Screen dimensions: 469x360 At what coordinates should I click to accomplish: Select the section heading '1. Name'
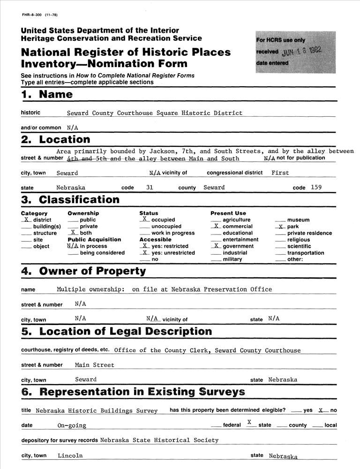[47, 94]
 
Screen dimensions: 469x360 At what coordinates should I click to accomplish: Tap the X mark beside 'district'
[27, 219]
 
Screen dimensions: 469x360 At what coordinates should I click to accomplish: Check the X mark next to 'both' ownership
[73, 233]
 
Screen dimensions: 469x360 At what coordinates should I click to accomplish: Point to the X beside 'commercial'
[216, 226]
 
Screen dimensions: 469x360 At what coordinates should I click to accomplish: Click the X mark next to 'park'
[281, 227]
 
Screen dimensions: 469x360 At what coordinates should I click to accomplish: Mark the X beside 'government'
[216, 246]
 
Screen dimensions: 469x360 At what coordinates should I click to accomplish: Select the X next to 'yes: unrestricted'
[145, 252]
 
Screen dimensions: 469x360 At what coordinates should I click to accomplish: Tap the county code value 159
[316, 187]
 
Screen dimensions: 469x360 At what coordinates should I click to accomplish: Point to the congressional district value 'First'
[280, 173]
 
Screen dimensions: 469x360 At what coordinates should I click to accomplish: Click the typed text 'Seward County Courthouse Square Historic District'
[155, 113]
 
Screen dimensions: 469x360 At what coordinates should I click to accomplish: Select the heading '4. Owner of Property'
[83, 271]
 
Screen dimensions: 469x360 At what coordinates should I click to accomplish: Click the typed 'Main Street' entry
[94, 365]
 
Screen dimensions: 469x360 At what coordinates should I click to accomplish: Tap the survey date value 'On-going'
[72, 425]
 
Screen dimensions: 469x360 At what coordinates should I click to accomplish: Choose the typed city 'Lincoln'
[70, 455]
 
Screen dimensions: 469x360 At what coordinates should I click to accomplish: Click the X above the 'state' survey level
[249, 422]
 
